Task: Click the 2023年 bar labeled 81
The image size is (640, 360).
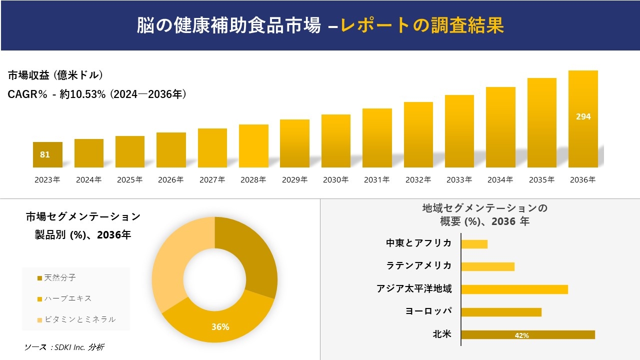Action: click(x=47, y=154)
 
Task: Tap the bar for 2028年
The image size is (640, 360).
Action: click(x=253, y=146)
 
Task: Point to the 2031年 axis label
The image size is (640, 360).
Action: click(x=376, y=180)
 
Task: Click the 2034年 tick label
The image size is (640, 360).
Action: click(x=500, y=180)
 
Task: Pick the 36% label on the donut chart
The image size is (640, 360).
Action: click(x=220, y=327)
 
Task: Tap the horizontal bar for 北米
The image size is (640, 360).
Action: click(x=527, y=335)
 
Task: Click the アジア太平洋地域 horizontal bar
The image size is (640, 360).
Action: click(x=514, y=289)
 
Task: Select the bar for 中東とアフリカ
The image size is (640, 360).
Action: click(x=474, y=244)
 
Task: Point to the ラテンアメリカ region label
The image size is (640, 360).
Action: click(x=419, y=265)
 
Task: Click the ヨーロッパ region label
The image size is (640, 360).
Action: click(x=428, y=311)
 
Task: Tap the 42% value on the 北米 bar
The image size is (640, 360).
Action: click(x=521, y=335)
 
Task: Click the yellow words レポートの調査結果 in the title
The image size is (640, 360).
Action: click(x=422, y=25)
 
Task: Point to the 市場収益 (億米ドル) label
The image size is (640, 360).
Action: click(x=55, y=75)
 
